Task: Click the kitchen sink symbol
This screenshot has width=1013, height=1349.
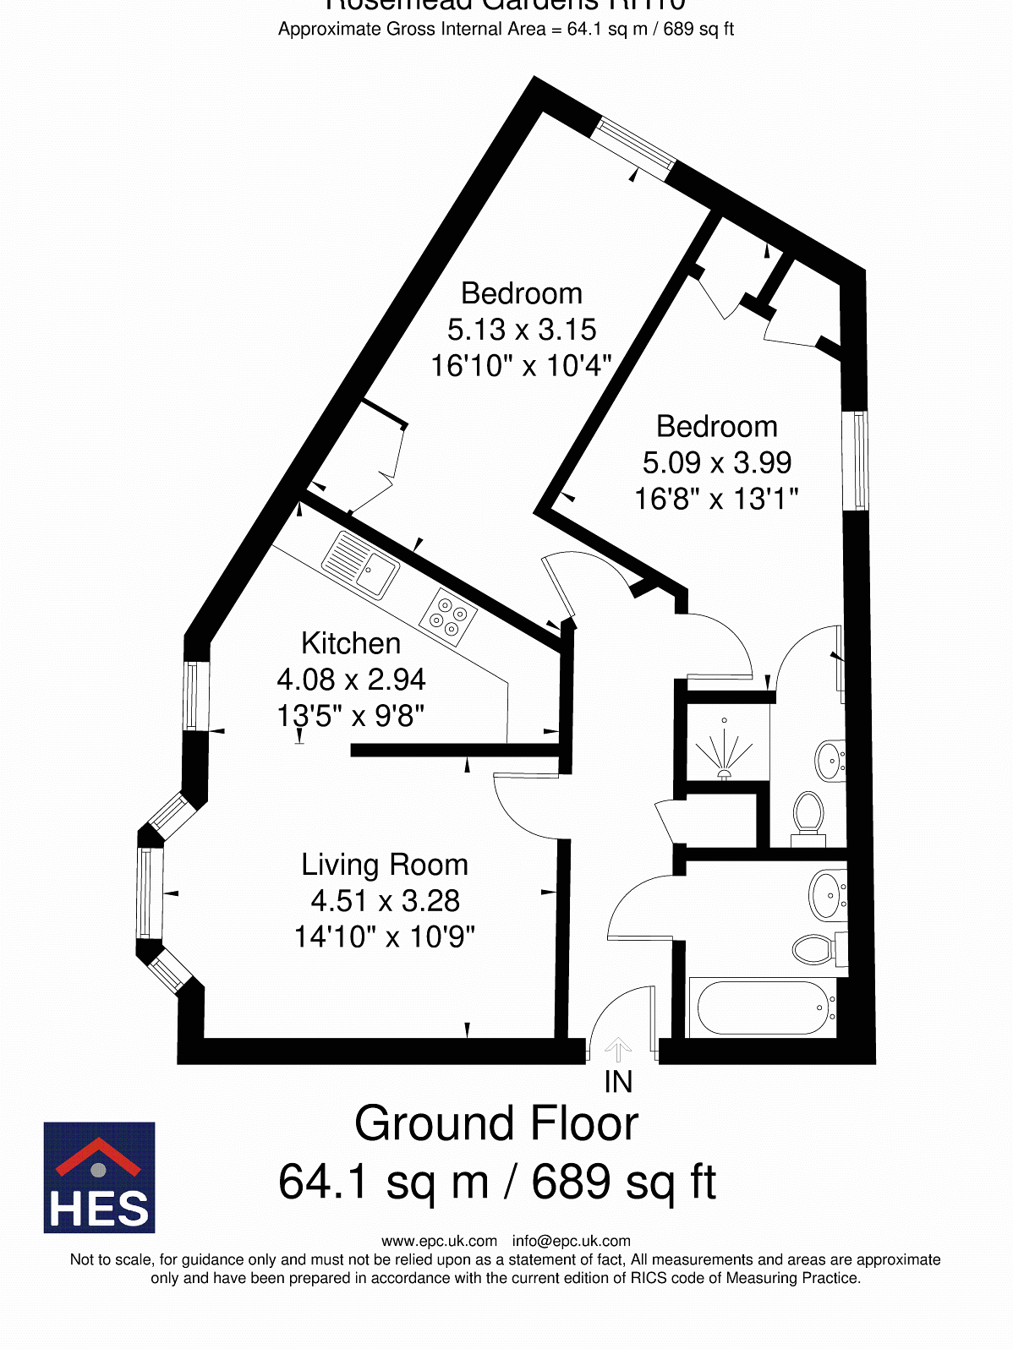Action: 360,565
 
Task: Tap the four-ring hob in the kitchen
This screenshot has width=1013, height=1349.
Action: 448,617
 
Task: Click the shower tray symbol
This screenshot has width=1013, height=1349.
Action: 726,745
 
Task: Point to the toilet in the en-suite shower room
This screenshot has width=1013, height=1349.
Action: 808,813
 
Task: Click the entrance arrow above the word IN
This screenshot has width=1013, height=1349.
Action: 618,1049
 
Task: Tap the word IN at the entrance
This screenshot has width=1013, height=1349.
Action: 618,1082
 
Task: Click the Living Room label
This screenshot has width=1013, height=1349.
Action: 385,865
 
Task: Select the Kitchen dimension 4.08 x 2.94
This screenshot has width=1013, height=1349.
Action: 351,680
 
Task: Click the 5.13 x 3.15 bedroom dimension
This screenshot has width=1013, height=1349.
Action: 522,330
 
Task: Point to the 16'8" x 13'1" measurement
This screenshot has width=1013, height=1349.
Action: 716,499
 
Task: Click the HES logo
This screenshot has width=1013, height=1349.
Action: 99,1177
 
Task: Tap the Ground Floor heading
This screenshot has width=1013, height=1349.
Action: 496,1123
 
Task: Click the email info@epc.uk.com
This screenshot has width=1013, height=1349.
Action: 571,1241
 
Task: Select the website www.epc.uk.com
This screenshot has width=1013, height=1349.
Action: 439,1241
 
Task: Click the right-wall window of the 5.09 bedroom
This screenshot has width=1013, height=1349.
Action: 857,461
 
